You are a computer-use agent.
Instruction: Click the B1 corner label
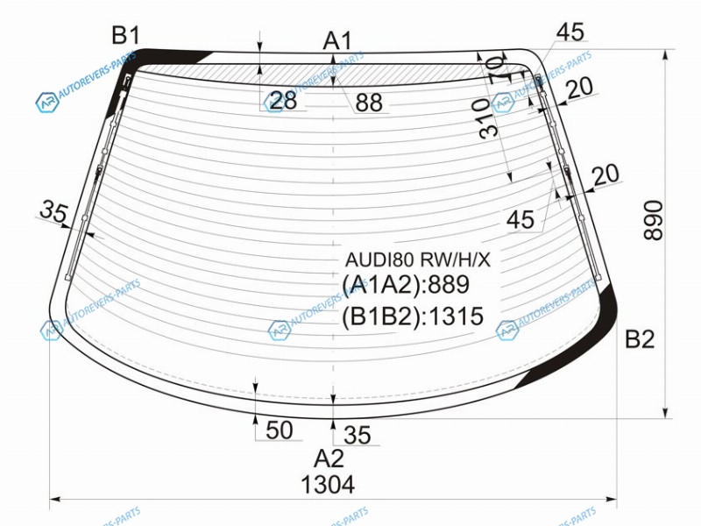tap(125, 35)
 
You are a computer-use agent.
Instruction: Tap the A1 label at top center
tap(337, 40)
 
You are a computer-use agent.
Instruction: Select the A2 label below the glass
tap(329, 458)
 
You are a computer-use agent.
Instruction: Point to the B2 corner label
tap(640, 339)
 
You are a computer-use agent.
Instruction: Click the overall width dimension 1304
tap(328, 485)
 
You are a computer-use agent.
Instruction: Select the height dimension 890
tap(654, 220)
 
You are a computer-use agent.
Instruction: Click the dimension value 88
tap(369, 103)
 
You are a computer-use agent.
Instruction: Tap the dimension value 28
tap(283, 100)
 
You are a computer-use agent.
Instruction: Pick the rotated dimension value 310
tap(488, 118)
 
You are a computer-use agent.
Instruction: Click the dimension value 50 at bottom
tap(280, 430)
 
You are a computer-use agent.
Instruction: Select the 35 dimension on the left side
tap(53, 210)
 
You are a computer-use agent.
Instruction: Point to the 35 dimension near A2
tap(358, 435)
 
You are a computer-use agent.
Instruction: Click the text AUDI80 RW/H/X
tap(418, 259)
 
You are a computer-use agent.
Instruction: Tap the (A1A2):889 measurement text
tap(406, 284)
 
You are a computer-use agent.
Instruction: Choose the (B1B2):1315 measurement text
tap(413, 316)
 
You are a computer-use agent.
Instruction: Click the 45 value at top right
tap(570, 32)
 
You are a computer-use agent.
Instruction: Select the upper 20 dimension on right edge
tap(580, 88)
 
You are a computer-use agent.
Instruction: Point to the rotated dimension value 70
tap(497, 70)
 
